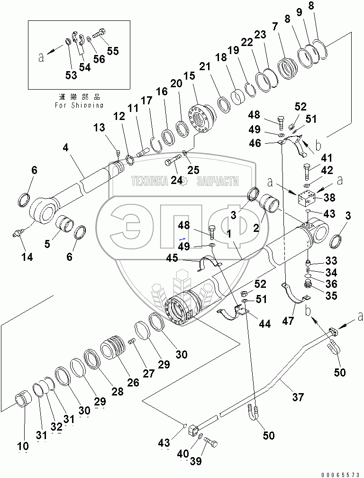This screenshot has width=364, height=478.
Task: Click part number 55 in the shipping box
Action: [113, 51]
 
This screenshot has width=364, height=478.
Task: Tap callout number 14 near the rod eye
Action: [27, 257]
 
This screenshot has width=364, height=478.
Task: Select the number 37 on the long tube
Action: [298, 397]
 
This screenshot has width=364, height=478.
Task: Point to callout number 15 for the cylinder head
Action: [190, 75]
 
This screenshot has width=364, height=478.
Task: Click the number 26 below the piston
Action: [133, 382]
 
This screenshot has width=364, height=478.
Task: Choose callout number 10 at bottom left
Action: [23, 446]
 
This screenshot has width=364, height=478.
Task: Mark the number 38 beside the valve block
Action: [329, 198]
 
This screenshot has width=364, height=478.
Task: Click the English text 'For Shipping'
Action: [79, 105]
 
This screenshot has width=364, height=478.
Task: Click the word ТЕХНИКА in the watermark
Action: [150, 181]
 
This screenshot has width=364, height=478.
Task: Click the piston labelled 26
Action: [113, 349]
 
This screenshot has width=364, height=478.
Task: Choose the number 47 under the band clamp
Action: [288, 321]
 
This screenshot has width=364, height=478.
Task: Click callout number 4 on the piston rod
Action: [65, 148]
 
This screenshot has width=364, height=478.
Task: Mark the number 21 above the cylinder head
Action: [205, 66]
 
